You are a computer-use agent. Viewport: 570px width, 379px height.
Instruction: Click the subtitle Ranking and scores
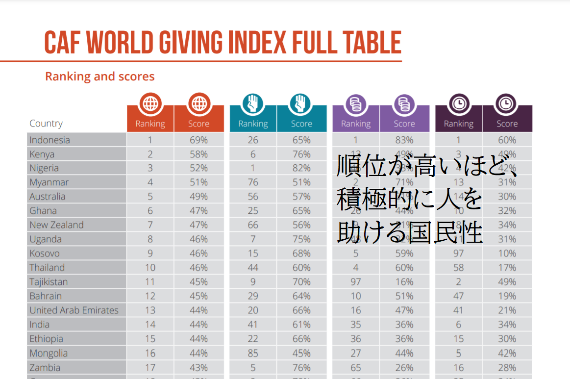click(x=99, y=76)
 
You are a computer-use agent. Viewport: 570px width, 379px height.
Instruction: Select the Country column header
click(x=46, y=124)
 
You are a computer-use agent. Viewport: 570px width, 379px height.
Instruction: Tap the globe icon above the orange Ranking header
click(x=150, y=103)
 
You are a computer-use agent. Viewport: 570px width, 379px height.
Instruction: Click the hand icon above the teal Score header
click(x=301, y=103)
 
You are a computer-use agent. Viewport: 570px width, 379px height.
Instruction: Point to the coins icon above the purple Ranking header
click(x=356, y=104)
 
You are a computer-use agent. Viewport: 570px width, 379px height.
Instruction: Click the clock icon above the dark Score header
click(x=507, y=103)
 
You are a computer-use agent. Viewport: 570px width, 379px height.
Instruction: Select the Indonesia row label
click(x=50, y=140)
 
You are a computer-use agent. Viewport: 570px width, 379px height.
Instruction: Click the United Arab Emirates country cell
click(x=74, y=310)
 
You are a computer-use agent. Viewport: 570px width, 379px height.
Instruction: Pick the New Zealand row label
click(x=56, y=225)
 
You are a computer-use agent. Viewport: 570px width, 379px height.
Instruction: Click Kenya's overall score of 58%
click(x=198, y=154)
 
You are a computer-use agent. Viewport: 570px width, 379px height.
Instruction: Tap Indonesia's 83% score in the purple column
click(x=404, y=140)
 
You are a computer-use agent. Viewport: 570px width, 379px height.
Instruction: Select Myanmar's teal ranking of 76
click(x=253, y=182)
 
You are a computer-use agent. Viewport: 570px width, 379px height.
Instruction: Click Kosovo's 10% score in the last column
click(x=507, y=253)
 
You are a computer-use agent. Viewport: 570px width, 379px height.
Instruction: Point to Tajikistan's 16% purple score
click(x=404, y=282)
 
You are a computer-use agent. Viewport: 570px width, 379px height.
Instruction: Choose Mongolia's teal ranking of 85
click(x=253, y=353)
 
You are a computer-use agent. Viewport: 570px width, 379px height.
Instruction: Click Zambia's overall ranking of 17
click(x=150, y=367)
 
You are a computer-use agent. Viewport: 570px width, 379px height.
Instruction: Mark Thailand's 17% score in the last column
click(x=507, y=268)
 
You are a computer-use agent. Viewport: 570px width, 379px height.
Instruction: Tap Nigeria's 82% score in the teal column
click(x=301, y=168)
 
